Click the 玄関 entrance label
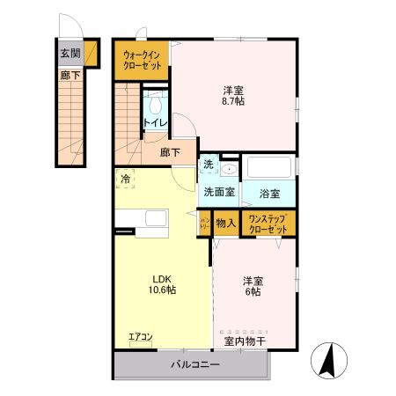70,53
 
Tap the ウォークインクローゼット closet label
142,59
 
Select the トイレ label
155,123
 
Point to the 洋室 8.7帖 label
232,95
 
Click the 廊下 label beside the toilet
171,152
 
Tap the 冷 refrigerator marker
125,179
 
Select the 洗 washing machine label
209,164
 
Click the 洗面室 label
219,191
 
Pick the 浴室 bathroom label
269,192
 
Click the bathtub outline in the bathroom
269,168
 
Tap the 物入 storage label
225,223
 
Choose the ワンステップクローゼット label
268,223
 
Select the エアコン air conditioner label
140,336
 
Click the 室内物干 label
244,340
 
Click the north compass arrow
332,360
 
